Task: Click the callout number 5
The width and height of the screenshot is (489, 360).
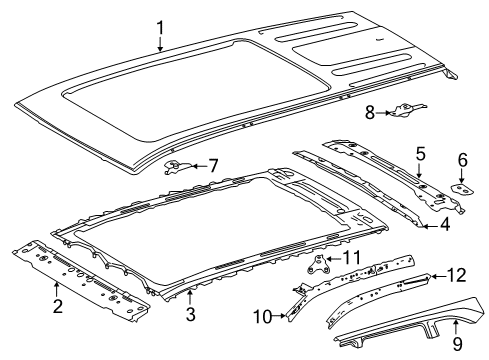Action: pos(420,153)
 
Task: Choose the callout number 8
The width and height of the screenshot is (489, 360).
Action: pos(370,114)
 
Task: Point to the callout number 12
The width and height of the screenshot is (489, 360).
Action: pos(455,273)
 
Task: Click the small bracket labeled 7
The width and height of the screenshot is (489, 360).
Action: pos(177,166)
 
